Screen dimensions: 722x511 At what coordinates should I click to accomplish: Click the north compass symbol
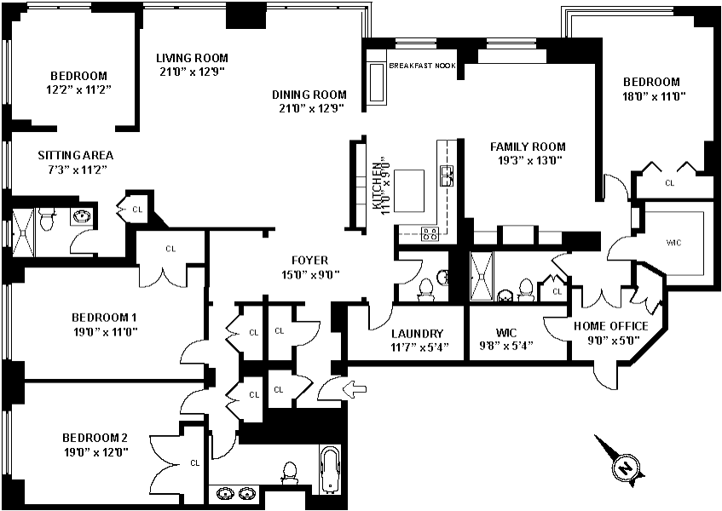622,464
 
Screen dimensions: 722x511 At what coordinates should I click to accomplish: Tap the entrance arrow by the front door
355,388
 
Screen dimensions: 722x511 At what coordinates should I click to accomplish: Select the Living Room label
192,58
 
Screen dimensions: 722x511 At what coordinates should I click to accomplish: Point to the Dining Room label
309,95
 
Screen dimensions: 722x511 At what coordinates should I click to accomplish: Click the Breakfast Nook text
422,66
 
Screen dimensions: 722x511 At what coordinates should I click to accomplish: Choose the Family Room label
528,146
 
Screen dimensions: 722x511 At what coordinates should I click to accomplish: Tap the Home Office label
611,326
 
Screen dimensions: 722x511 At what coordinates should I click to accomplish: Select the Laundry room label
417,334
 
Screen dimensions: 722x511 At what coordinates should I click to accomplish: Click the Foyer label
310,261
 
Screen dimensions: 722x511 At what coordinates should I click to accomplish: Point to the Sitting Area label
76,156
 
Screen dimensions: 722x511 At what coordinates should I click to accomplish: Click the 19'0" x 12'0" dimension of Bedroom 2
95,452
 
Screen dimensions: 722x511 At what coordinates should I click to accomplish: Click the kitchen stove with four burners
430,233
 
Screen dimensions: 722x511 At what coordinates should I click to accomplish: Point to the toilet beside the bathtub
289,473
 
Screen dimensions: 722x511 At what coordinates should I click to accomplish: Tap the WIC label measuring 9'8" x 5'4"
506,332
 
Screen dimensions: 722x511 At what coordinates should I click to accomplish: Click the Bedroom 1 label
104,318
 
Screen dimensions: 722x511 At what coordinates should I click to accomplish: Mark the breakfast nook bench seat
377,83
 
